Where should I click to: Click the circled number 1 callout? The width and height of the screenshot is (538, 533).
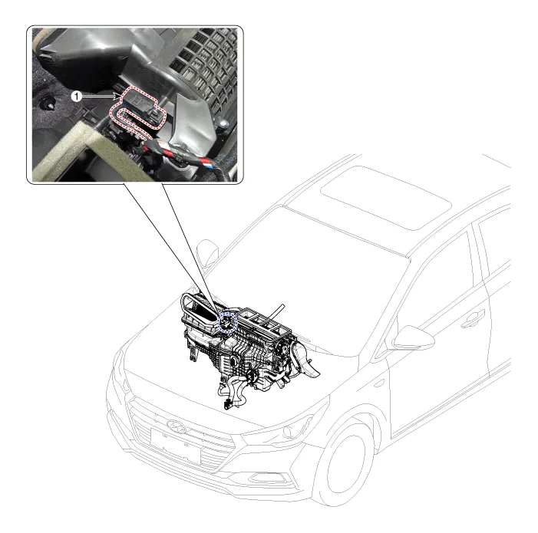(x=77, y=97)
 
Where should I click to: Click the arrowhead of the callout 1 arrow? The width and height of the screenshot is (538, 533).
(x=117, y=97)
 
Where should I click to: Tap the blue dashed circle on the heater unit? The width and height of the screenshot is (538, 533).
(x=228, y=323)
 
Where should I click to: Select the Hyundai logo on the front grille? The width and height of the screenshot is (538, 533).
(x=177, y=426)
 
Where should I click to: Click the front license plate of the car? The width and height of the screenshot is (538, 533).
(x=175, y=445)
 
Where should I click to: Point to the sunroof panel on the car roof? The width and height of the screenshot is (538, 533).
(x=386, y=197)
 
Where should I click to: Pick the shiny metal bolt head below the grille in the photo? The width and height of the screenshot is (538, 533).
(x=223, y=123)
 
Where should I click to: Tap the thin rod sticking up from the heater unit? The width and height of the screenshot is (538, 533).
(x=278, y=311)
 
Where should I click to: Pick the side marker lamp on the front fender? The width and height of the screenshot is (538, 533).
(x=379, y=383)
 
